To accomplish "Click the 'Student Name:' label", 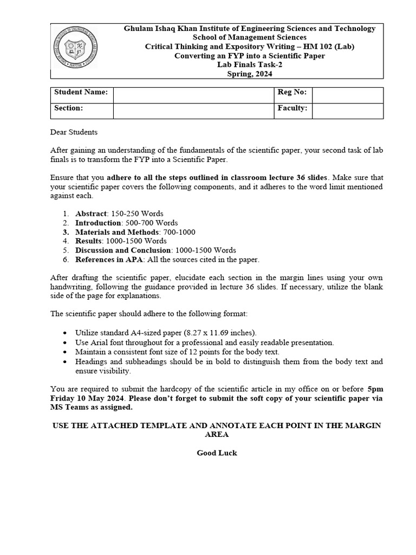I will [81, 92].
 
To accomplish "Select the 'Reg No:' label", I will [292, 92].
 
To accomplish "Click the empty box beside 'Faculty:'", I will [347, 111].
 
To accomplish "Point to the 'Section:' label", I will [68, 108].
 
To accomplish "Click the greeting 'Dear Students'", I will [74, 132].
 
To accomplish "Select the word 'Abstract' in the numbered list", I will [91, 214].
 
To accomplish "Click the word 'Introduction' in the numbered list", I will [98, 223].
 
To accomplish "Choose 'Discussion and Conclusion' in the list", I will [123, 250].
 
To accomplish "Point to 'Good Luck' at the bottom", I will [217, 453].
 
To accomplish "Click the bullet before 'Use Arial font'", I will [66, 343].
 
